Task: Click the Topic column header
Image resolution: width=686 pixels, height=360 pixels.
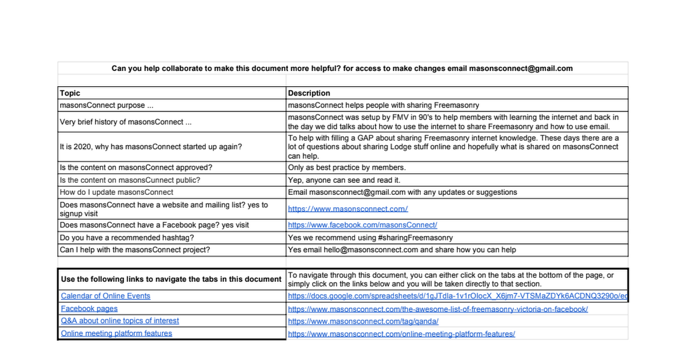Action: (70, 93)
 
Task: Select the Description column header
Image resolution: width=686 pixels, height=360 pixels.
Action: (309, 93)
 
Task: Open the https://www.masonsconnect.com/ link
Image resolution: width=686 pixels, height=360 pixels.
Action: (348, 209)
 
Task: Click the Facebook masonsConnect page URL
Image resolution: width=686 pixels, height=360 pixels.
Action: (362, 225)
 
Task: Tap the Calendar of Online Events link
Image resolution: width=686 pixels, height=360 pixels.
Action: (106, 296)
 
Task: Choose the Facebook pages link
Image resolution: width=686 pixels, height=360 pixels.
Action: (89, 309)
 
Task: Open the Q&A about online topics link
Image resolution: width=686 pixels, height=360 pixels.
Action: (120, 321)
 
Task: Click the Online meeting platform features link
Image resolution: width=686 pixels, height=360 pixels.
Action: (117, 334)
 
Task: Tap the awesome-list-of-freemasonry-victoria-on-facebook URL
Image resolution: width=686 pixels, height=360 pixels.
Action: (438, 309)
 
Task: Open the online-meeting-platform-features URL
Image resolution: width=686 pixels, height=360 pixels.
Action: (401, 334)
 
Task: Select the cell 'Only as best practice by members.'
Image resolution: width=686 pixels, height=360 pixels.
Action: (346, 167)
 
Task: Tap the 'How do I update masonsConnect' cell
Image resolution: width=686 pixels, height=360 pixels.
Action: (117, 193)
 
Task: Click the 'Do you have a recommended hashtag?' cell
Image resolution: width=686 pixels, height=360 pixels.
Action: (127, 238)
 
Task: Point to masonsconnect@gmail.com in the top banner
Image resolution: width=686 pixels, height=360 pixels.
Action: (521, 69)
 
